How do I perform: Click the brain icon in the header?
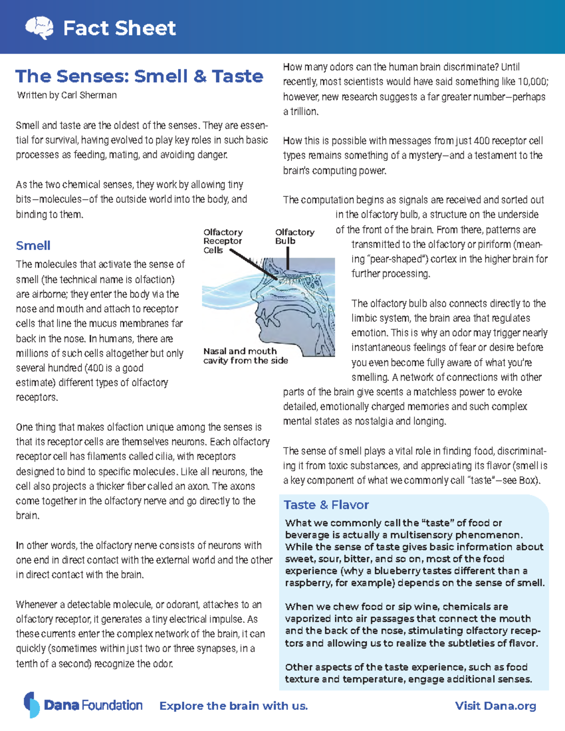point(39,28)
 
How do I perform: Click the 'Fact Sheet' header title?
point(119,28)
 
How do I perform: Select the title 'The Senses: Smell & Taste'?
point(139,76)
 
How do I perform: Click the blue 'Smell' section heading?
point(33,246)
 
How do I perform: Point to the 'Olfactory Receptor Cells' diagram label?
point(223,241)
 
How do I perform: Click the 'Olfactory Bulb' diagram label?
point(294,236)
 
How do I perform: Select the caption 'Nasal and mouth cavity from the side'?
point(245,356)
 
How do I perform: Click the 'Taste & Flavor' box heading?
point(326,505)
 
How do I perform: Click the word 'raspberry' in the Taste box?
point(306,583)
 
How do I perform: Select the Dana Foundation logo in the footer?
point(83,705)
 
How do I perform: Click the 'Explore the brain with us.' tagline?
point(234,706)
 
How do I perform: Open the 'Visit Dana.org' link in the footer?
point(495,706)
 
